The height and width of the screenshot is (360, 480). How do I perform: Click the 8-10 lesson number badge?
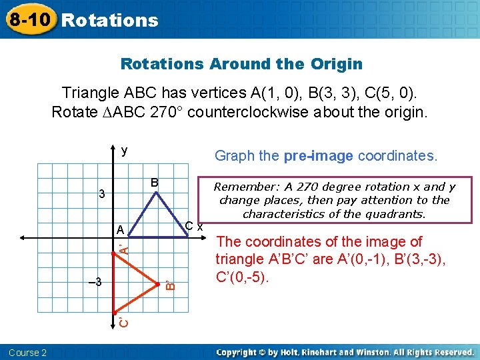click(29, 19)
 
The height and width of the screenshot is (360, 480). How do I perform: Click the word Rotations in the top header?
click(109, 20)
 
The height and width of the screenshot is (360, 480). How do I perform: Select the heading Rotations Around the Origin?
click(241, 64)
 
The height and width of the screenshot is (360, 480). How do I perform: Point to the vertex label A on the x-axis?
click(120, 230)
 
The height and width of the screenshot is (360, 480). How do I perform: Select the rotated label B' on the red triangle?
click(169, 285)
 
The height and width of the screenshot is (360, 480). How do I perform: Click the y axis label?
click(124, 151)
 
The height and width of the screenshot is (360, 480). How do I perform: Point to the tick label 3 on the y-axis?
click(101, 195)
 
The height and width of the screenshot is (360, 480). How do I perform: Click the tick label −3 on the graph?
click(95, 281)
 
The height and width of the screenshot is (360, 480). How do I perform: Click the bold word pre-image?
click(319, 156)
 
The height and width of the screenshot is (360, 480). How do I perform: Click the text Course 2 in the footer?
click(27, 353)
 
